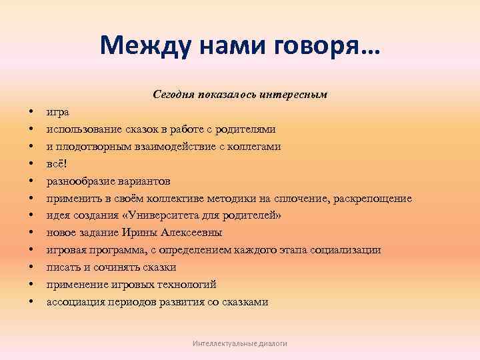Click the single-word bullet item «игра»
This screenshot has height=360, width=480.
pyautogui.click(x=57, y=111)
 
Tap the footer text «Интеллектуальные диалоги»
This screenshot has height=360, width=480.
pyautogui.click(x=239, y=343)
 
